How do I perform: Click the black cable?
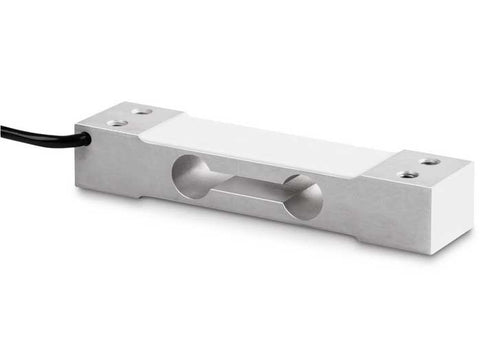point(40,135)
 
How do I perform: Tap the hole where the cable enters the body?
point(85,140)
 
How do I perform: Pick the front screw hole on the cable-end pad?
point(117,122)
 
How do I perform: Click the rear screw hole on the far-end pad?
point(430,160)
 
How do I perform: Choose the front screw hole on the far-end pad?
point(408,174)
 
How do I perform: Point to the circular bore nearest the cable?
point(192,177)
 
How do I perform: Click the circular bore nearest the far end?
point(302,197)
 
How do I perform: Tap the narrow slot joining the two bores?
point(247,187)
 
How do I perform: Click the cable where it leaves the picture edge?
point(3,129)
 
